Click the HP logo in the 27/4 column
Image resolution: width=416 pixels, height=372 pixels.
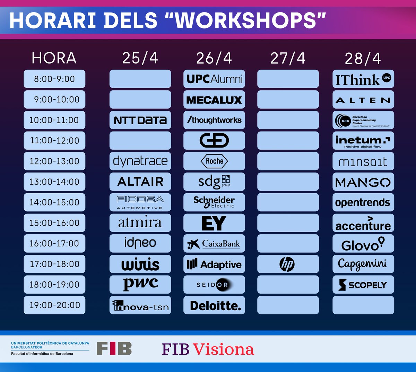click(287, 264)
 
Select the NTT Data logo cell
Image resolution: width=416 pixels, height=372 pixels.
click(140, 120)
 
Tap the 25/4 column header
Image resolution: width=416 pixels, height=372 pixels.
click(140, 58)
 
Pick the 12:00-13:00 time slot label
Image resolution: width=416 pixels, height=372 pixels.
click(54, 161)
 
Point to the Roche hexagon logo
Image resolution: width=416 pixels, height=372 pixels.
click(214, 161)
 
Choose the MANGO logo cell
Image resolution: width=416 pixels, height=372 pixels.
click(363, 182)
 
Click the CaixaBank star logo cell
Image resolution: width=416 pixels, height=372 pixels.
click(214, 244)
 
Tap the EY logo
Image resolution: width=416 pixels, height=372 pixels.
click(214, 223)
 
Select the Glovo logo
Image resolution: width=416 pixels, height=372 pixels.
click(363, 244)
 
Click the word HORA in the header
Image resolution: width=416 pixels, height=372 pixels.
click(54, 58)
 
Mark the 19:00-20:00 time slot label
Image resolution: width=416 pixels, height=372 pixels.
click(54, 305)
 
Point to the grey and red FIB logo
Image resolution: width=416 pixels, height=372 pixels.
click(114, 349)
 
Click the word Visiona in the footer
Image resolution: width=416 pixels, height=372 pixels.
click(223, 349)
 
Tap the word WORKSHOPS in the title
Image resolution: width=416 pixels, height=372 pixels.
click(246, 20)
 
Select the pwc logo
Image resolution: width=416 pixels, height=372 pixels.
click(140, 284)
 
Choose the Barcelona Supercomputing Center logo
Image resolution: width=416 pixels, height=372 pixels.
click(363, 120)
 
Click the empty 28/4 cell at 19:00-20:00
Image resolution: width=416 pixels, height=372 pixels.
click(363, 305)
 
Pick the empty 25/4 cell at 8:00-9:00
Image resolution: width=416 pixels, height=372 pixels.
click(140, 79)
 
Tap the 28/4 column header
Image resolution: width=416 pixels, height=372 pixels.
click(363, 58)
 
